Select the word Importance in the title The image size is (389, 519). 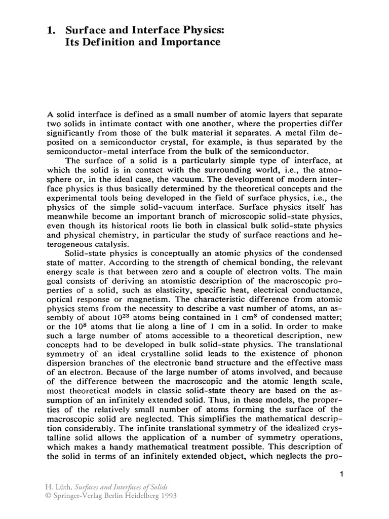coord(191,43)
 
